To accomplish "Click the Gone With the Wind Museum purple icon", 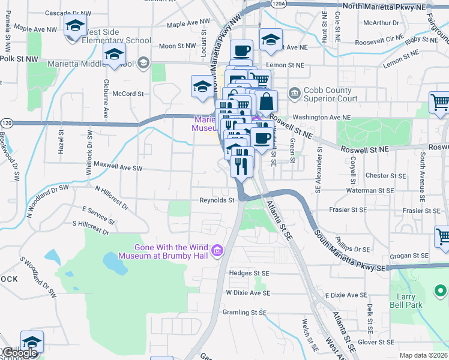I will (x=218, y=249).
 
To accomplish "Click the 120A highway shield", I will (x=277, y=4).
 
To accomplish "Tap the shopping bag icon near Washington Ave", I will (x=266, y=102).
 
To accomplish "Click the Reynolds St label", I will (x=216, y=200).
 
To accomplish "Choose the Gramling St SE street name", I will (x=244, y=313).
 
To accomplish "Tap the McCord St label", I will (x=128, y=94).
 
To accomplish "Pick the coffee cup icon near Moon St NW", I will (x=241, y=51).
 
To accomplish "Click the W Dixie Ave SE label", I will (x=248, y=292).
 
